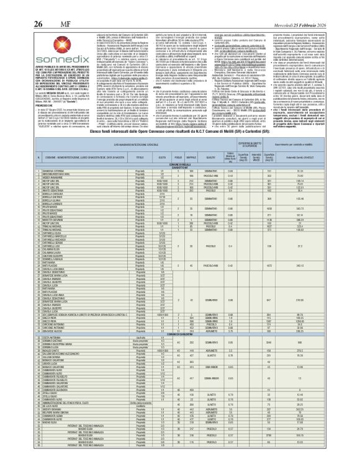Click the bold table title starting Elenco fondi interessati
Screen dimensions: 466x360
181,148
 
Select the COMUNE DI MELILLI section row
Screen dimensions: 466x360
181,165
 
